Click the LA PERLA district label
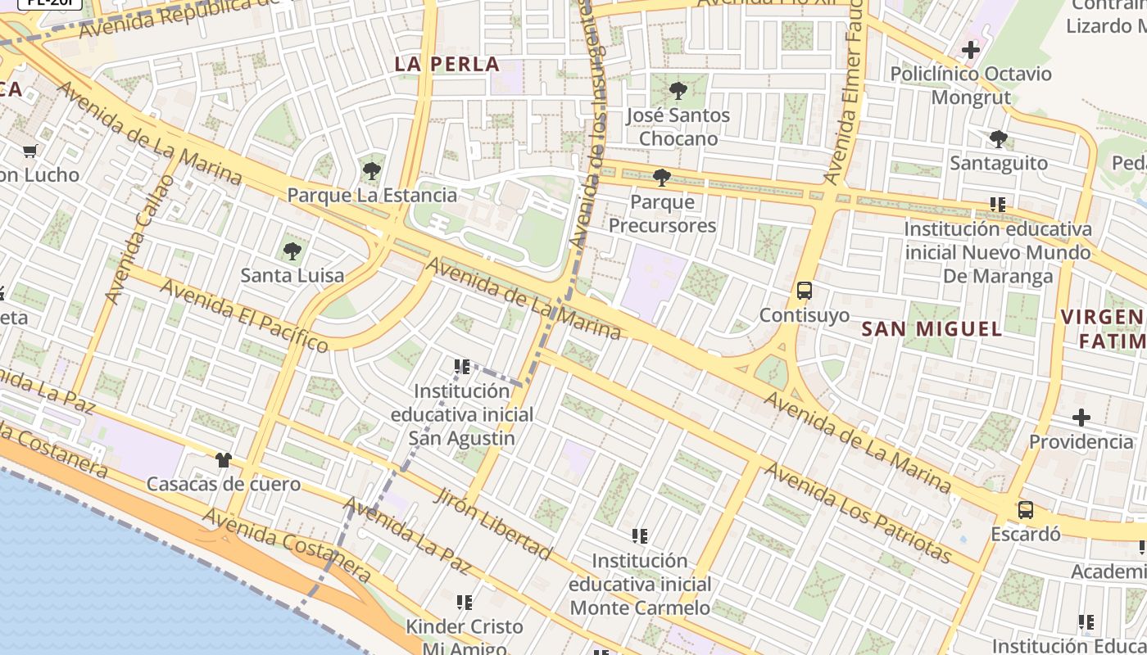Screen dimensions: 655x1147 pos(447,64)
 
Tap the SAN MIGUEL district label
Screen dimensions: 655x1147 pos(932,329)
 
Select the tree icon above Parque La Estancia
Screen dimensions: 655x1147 pos(372,171)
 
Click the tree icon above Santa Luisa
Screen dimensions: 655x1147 pos(292,251)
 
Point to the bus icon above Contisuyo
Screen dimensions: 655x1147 pos(805,291)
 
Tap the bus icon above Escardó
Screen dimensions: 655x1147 pos(1025,510)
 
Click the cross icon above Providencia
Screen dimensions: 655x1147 pos(1081,418)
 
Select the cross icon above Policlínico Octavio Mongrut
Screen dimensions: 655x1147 pos(971,50)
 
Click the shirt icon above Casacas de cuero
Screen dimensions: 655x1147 pos(224,460)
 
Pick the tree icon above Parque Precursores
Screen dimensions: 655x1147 pos(662,178)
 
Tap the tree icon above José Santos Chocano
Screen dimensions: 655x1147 pos(678,91)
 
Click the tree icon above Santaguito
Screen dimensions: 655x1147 pos(998,139)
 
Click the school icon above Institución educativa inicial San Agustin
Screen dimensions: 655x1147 pos(462,367)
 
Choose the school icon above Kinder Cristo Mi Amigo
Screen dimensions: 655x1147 pos(465,603)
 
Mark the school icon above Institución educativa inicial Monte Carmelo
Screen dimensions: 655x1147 pos(640,536)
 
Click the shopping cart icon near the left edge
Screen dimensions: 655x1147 pos(30,151)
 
